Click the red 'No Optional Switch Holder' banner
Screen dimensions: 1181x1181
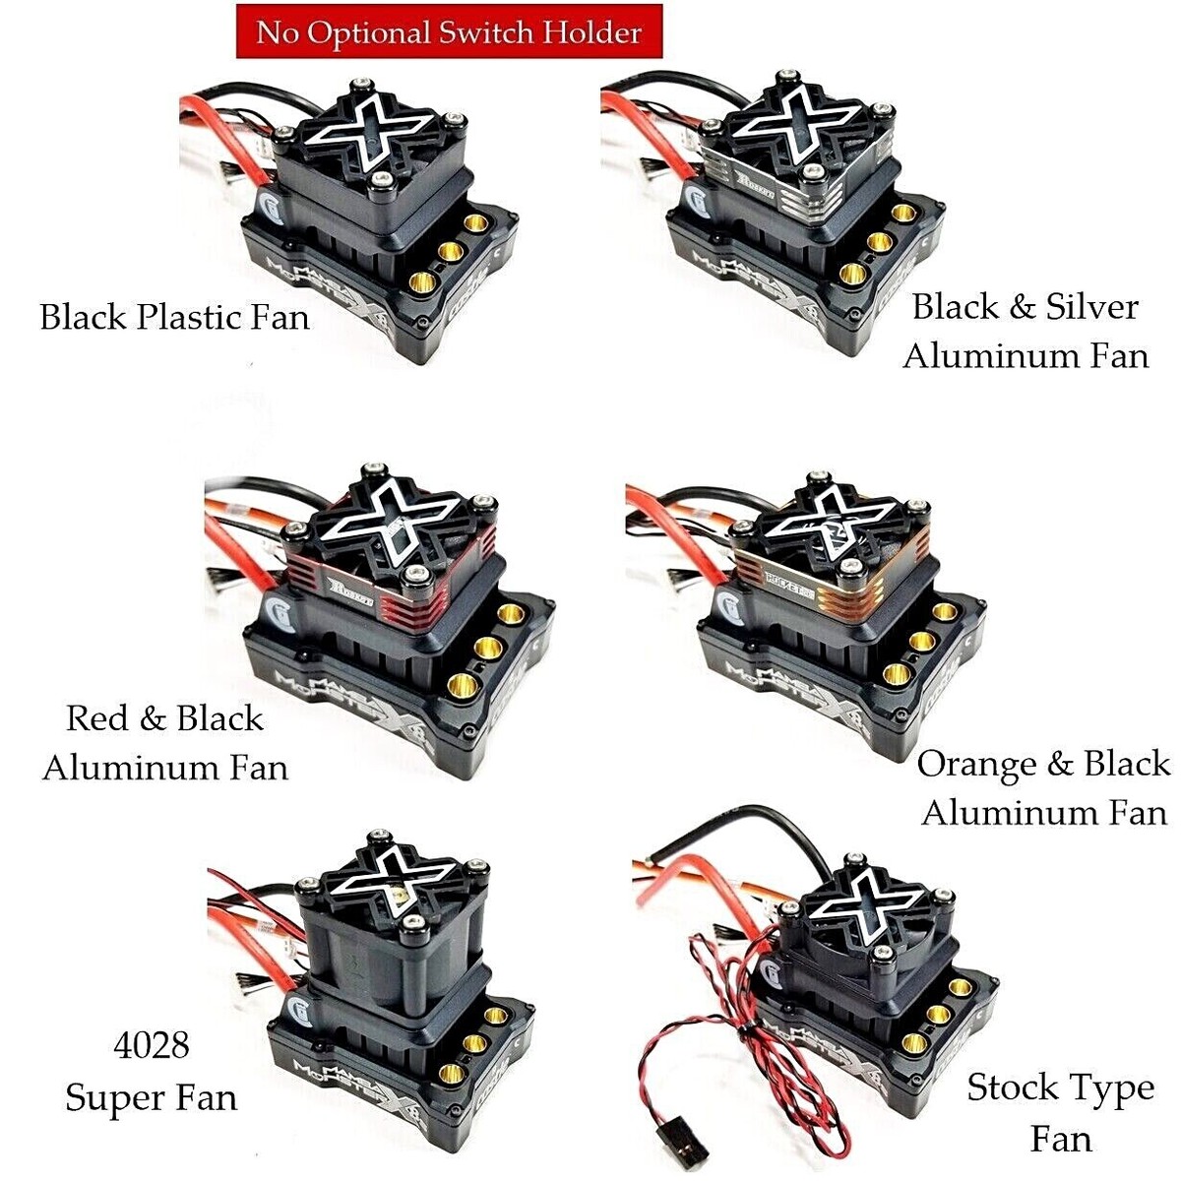(449, 31)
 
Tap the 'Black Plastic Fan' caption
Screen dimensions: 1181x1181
(174, 318)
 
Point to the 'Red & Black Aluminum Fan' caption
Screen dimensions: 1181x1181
(165, 742)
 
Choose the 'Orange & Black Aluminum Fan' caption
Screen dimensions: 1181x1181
(1043, 787)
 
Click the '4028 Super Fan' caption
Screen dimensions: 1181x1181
(152, 1070)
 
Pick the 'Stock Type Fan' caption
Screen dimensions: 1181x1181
(1061, 1113)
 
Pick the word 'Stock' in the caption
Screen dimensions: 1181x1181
(1011, 1088)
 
